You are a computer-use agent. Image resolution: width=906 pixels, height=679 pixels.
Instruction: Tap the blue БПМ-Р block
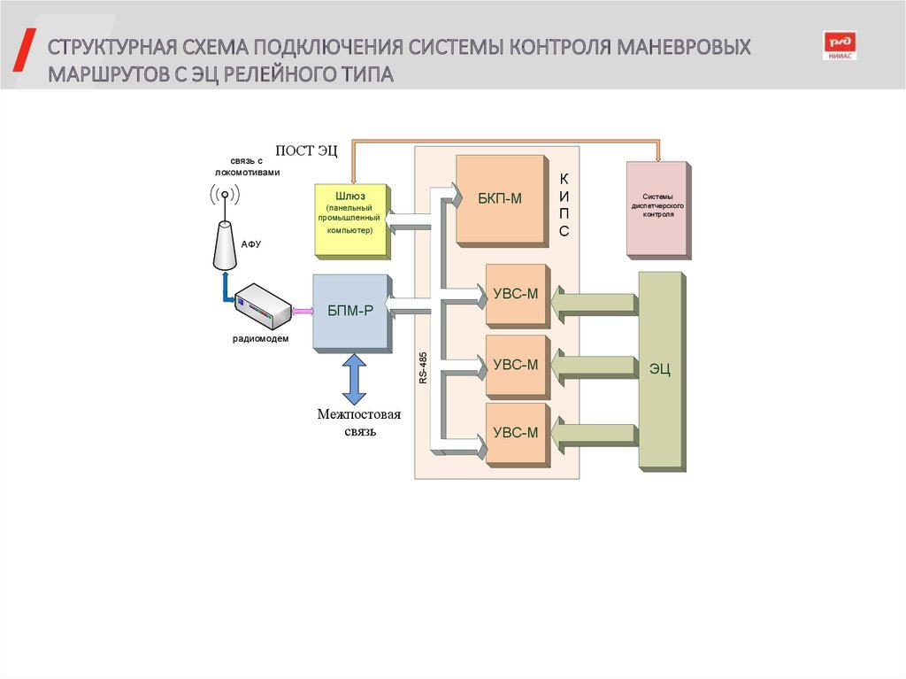349,311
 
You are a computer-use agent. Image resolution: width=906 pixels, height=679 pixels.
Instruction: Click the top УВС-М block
516,295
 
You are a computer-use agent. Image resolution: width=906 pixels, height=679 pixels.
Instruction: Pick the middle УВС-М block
516,364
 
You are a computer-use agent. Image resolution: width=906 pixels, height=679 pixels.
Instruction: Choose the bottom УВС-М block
516,433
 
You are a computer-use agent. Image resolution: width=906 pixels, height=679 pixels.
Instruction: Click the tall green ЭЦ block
659,369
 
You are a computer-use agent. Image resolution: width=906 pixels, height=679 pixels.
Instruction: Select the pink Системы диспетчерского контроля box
656,207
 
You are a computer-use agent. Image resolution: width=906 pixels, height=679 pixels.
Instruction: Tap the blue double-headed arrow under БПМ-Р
354,378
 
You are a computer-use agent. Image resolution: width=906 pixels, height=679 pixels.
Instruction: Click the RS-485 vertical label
424,367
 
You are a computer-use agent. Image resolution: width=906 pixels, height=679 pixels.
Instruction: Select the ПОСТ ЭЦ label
306,150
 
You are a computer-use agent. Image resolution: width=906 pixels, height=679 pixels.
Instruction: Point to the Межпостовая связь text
359,423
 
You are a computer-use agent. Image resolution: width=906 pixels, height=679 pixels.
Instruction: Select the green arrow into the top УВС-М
593,304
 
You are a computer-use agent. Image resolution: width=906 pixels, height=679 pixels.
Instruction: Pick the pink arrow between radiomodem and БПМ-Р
303,310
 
